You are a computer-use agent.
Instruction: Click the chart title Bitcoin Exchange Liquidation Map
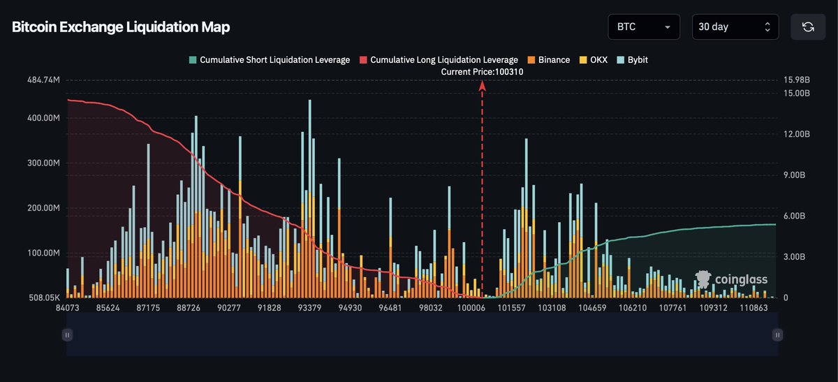click(x=121, y=27)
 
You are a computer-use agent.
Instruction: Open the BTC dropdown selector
click(x=643, y=27)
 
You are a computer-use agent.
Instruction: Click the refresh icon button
click(x=808, y=27)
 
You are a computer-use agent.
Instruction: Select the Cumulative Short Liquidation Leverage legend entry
click(x=269, y=60)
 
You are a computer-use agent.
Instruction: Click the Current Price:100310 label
click(x=482, y=71)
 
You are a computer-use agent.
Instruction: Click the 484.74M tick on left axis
click(x=43, y=80)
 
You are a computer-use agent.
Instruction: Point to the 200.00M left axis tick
click(x=43, y=208)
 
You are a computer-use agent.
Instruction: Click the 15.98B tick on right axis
click(x=797, y=80)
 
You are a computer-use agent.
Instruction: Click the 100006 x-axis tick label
click(x=471, y=308)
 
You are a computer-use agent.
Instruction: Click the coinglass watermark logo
click(x=731, y=279)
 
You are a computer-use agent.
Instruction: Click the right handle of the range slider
click(x=777, y=335)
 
